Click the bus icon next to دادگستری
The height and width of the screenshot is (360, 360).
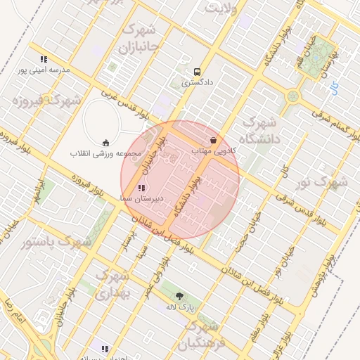click(197, 72)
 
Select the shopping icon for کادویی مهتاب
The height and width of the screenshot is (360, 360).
click(214, 140)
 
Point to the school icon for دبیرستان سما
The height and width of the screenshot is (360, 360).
click(142, 188)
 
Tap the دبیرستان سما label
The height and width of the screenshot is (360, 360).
click(142, 198)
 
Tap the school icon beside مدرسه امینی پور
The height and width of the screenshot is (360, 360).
click(44, 60)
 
